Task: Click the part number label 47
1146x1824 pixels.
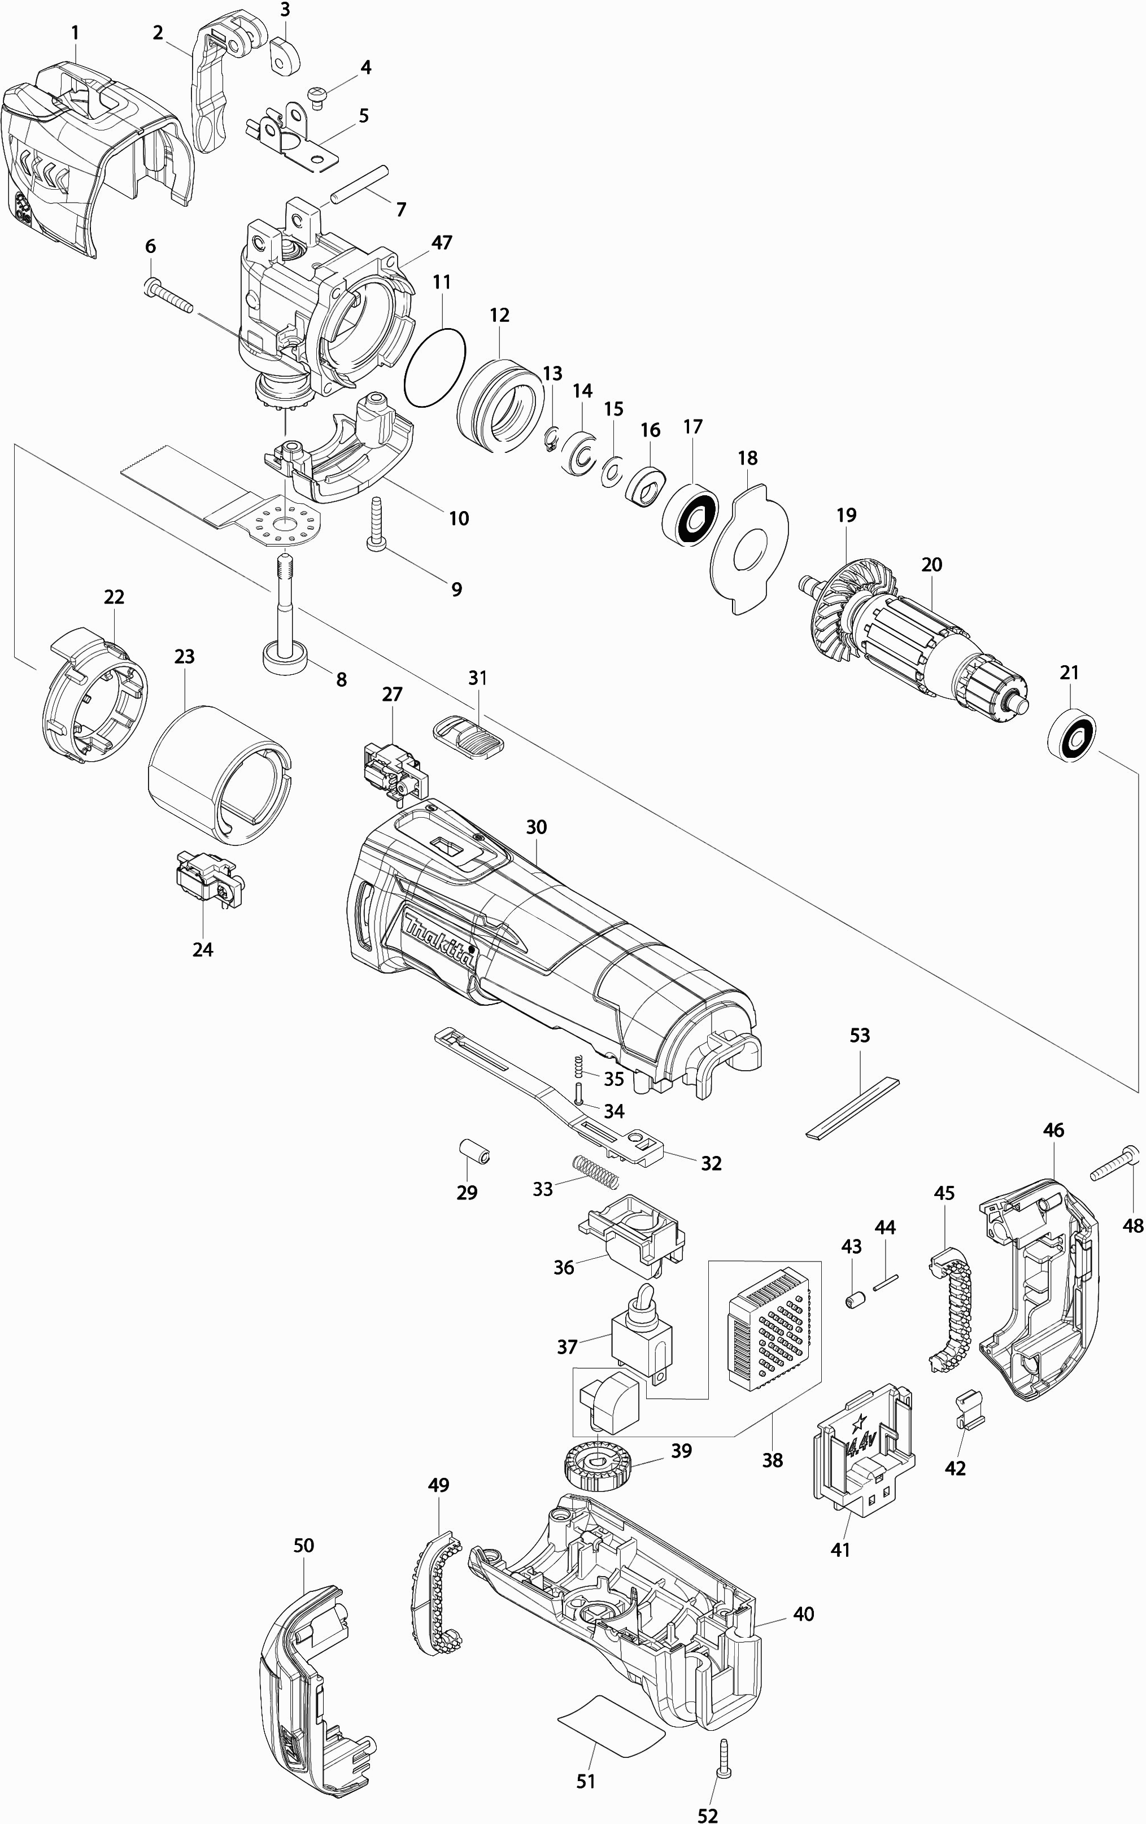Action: (x=442, y=242)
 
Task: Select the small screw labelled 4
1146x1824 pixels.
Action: (x=317, y=95)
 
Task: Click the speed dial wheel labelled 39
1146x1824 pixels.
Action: (x=598, y=1465)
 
